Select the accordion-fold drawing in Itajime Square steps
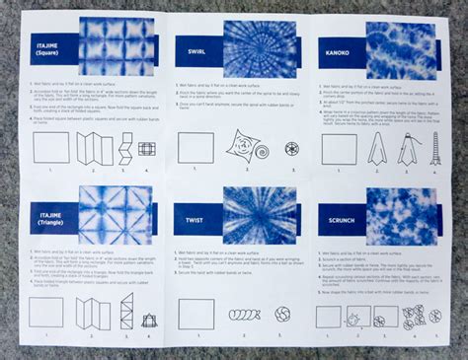91,149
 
